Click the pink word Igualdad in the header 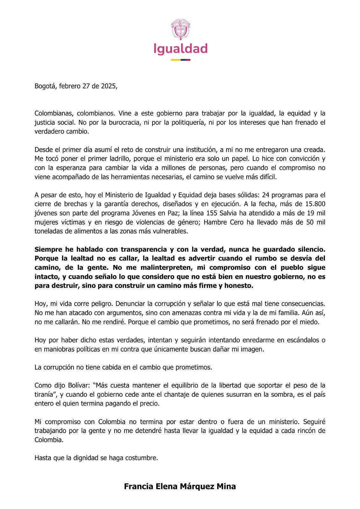[180, 49]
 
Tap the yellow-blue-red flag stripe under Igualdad [180, 60]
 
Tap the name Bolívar [79, 386]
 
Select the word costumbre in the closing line [143, 458]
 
